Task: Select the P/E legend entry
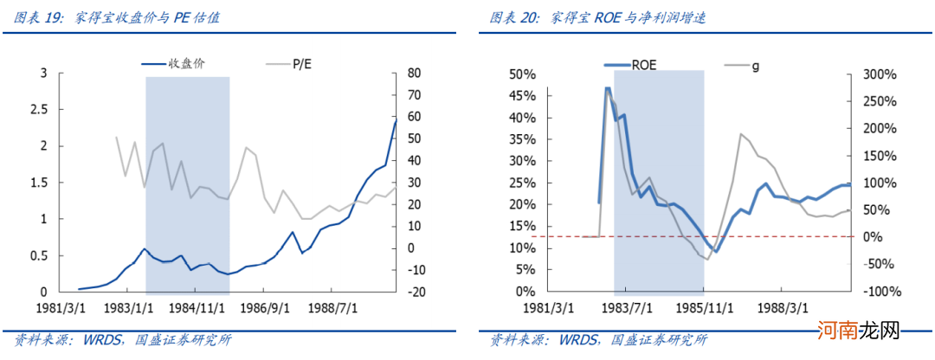[x=302, y=62]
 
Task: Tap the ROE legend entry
[x=644, y=63]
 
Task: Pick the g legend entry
[x=755, y=63]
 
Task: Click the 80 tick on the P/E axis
[x=416, y=73]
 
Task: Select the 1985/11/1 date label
[x=703, y=308]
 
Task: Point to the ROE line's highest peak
[x=608, y=88]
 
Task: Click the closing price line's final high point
[x=395, y=120]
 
